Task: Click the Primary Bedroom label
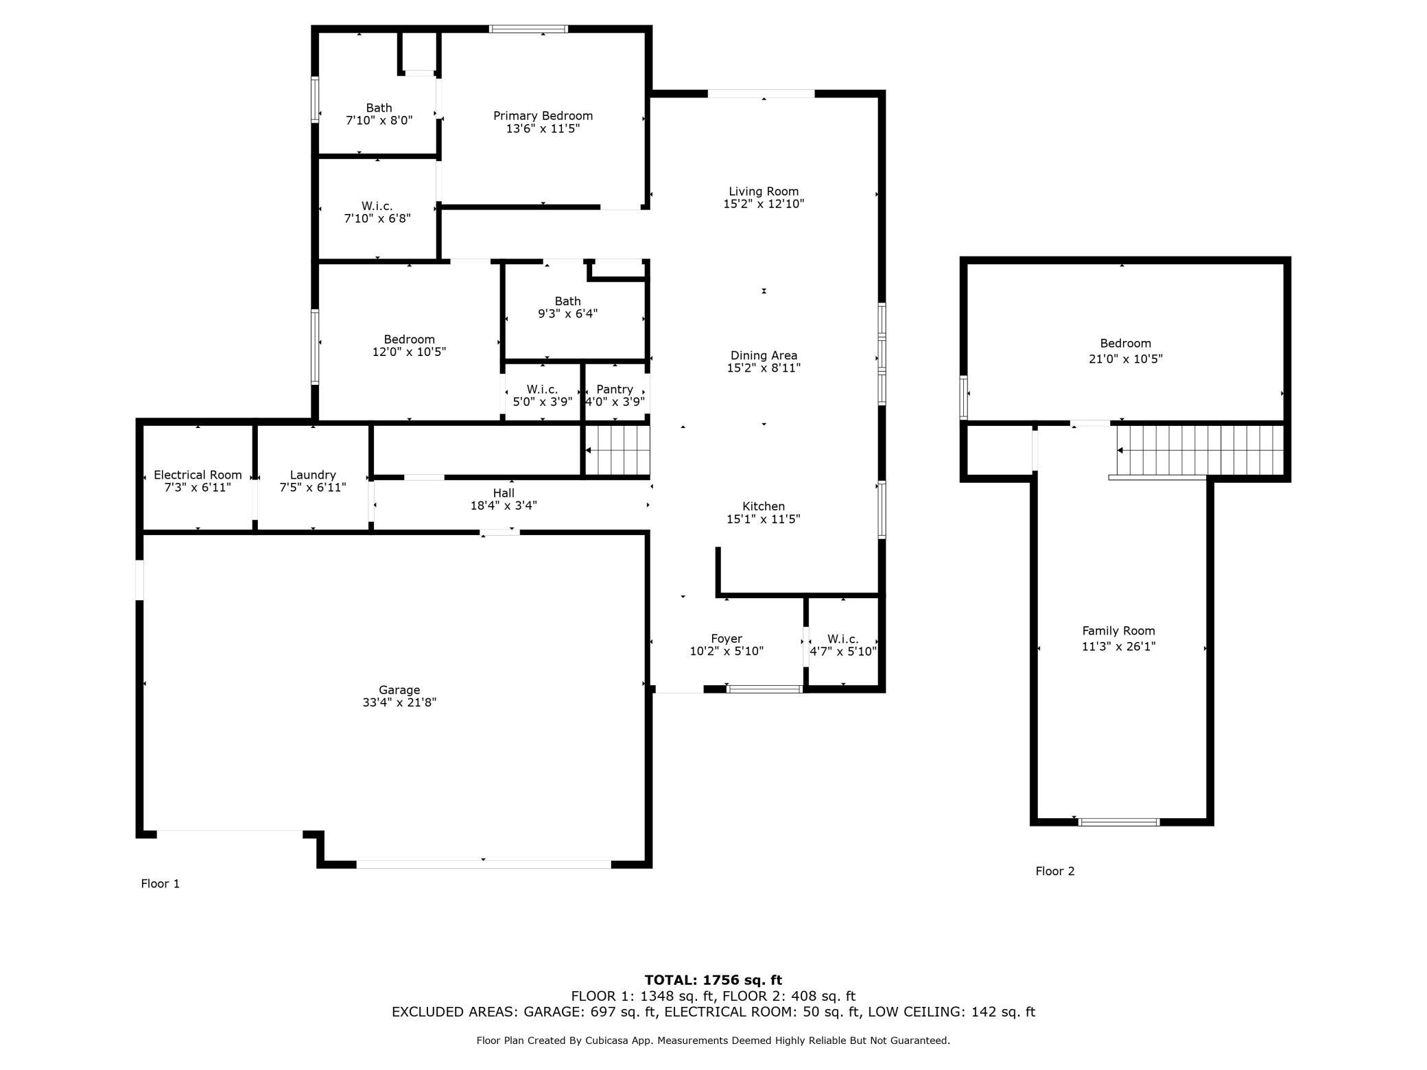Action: [543, 116]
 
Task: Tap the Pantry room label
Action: [614, 389]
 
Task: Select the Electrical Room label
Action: [198, 475]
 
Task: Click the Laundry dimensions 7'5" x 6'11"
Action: [313, 488]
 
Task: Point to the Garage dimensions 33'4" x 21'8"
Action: [399, 702]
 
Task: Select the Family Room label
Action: [1118, 631]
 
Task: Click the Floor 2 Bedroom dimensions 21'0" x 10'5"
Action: [1125, 359]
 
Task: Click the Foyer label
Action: [726, 639]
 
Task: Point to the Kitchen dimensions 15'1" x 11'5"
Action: [763, 519]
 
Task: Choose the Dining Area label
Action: [764, 355]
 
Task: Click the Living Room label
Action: [764, 191]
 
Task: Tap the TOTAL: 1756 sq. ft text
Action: [713, 980]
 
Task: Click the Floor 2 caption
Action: [1054, 871]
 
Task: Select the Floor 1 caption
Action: [160, 883]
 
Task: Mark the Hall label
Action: [503, 492]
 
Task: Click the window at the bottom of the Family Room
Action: [1118, 822]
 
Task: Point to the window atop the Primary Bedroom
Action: [528, 29]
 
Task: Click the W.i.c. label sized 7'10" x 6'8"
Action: [377, 206]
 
